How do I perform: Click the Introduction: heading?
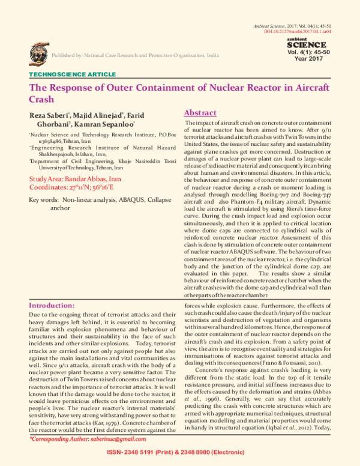tap(56, 305)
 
